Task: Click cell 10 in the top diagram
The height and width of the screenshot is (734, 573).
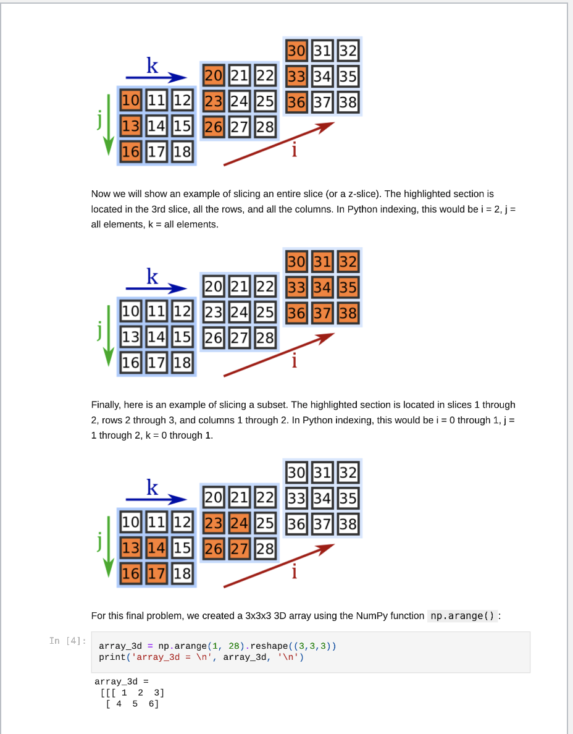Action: [x=131, y=99]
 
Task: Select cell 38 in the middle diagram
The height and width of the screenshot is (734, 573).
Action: [x=348, y=313]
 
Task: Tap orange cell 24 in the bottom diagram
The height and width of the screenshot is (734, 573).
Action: [x=239, y=523]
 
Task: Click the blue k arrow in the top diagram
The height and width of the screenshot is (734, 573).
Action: [x=156, y=78]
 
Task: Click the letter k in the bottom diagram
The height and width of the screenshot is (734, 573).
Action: [x=152, y=487]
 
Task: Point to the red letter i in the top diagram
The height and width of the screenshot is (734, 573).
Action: [x=295, y=150]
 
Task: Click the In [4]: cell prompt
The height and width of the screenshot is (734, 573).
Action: [x=67, y=641]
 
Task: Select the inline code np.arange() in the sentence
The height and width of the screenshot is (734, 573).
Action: [x=462, y=616]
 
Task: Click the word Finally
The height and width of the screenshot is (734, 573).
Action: [x=106, y=405]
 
